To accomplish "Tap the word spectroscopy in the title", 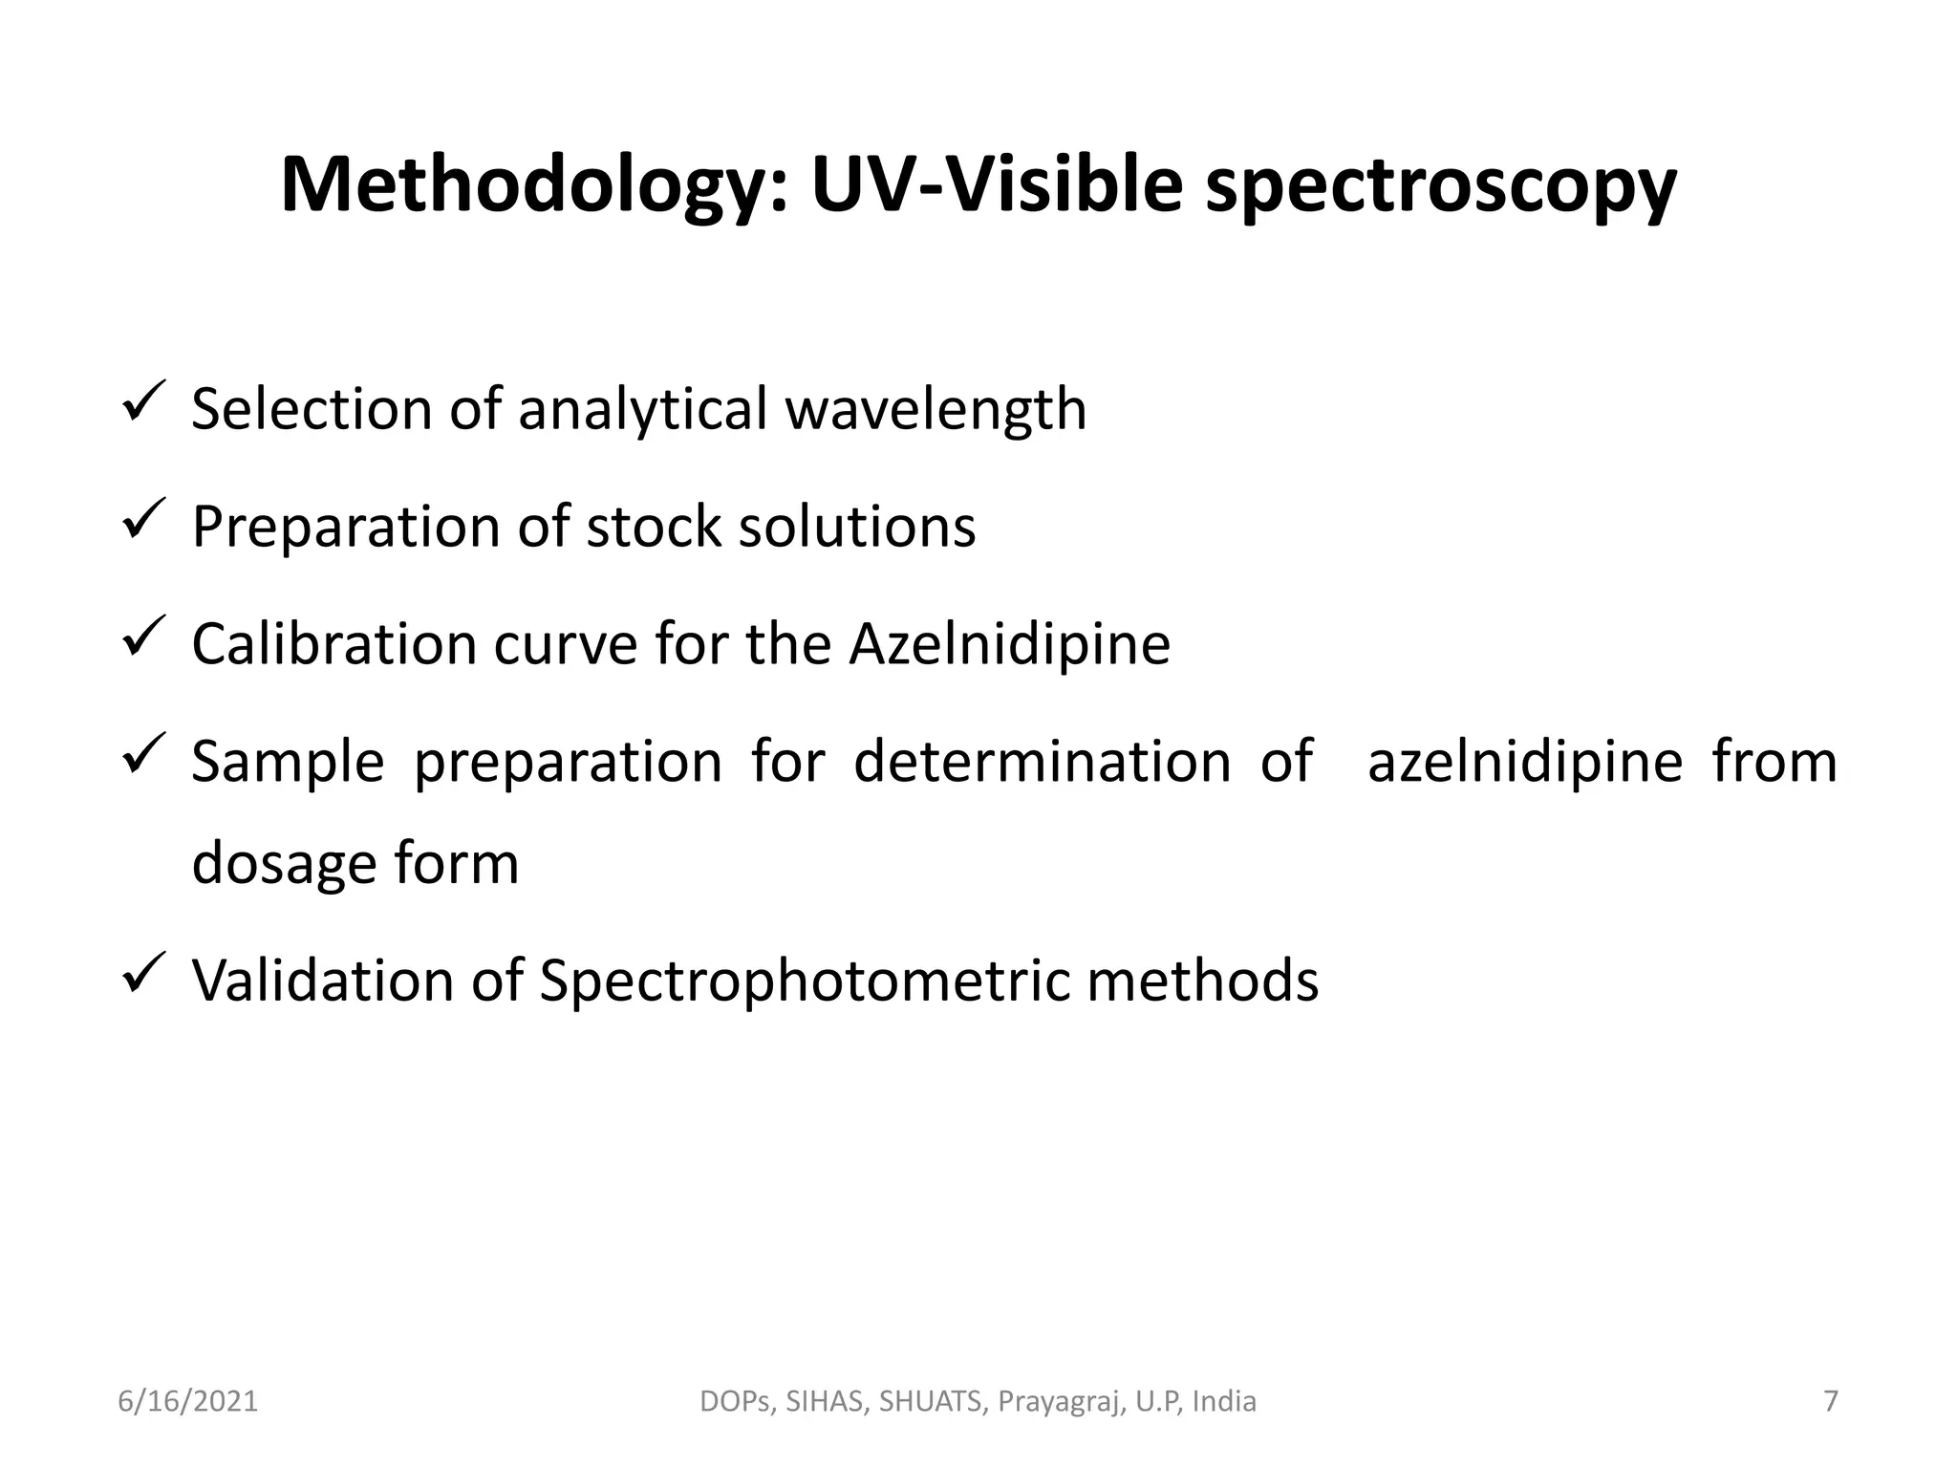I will click(1440, 186).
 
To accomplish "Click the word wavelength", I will click(935, 410).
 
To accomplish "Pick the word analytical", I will click(643, 410).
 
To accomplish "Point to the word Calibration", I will click(333, 644).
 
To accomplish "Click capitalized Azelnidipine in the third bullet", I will click(1009, 644).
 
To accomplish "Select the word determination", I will click(1042, 762).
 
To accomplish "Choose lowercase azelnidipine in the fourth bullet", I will click(1525, 762).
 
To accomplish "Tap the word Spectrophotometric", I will click(804, 981).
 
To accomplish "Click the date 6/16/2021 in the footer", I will click(188, 1401).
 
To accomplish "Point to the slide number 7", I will click(1831, 1401).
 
